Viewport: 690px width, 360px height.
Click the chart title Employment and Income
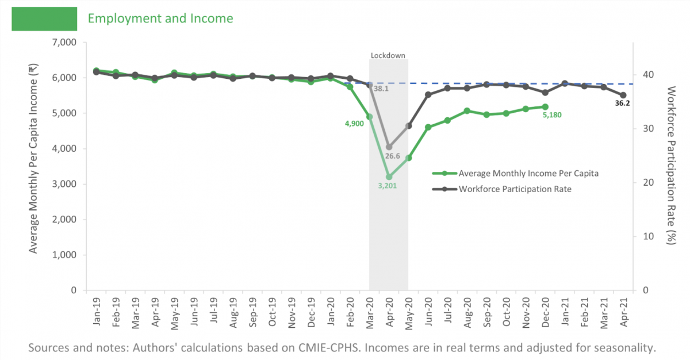point(160,18)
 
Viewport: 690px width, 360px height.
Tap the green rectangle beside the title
point(44,18)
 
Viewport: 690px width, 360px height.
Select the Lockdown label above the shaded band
point(388,55)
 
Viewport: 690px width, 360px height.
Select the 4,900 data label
point(355,123)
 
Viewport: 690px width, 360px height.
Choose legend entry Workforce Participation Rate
point(515,189)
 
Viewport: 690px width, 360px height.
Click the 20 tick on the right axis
point(645,182)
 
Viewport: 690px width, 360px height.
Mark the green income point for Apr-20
point(389,177)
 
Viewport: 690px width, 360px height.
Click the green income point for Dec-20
point(545,106)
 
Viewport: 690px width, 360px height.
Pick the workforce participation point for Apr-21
point(623,95)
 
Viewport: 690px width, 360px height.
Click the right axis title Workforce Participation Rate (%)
point(671,166)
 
